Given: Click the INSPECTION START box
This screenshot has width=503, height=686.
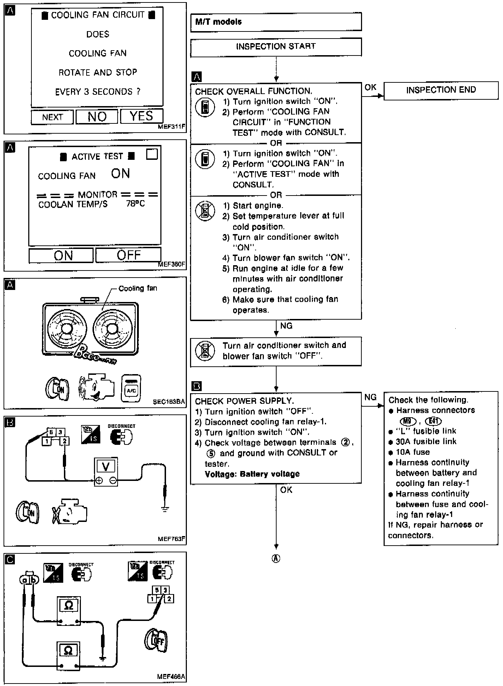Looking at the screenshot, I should (276, 47).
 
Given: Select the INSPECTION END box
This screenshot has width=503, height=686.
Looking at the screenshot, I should (441, 90).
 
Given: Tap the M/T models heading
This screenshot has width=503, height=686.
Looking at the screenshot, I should (219, 22).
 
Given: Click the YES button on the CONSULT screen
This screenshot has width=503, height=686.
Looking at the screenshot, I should (142, 116).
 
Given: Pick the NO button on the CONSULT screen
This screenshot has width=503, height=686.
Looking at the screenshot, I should (97, 117).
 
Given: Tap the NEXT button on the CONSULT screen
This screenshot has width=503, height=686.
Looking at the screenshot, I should (52, 117).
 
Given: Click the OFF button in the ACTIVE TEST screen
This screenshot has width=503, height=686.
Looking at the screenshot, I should (129, 255).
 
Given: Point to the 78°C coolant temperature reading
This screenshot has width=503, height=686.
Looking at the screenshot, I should (136, 204).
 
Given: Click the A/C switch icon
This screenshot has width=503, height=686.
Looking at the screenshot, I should (131, 389).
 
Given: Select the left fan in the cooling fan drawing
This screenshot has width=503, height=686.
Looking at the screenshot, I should (66, 328).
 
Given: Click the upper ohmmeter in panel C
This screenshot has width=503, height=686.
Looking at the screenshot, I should (69, 611).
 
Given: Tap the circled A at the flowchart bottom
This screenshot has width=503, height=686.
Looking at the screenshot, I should (276, 558).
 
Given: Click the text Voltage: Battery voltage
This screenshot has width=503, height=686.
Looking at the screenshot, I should (252, 474).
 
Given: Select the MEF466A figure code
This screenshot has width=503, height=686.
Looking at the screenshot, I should (171, 676).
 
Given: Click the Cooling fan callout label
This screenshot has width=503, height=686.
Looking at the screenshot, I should (138, 289).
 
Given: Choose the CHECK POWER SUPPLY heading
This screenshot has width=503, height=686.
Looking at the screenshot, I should (244, 401).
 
